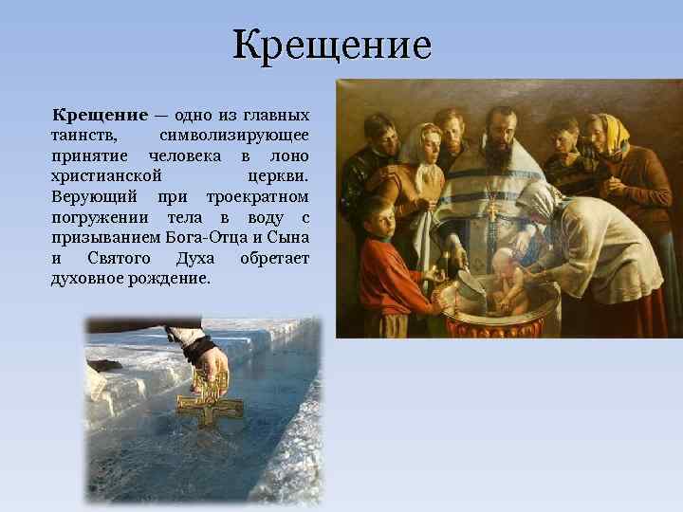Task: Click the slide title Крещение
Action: pos(331,45)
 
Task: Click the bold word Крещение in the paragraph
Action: pos(99,116)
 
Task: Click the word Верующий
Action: pos(94,197)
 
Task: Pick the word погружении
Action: pos(99,218)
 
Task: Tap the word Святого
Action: pos(118,259)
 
